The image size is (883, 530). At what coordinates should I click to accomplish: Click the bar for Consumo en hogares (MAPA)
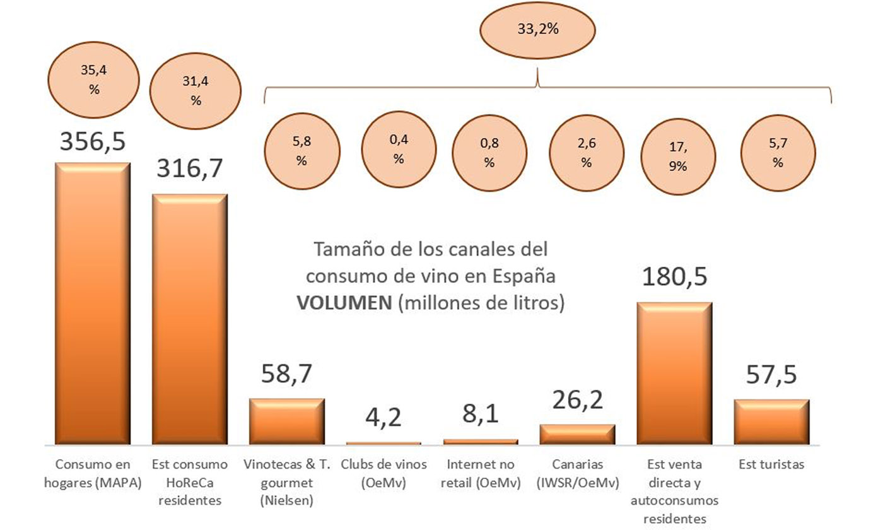coord(93,303)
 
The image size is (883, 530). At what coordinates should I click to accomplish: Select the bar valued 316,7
coord(190,319)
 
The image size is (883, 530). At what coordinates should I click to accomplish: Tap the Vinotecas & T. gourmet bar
coord(286,421)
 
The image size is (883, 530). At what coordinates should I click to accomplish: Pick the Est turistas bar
coord(771,421)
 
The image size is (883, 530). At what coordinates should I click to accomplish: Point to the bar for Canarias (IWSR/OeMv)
coord(577,434)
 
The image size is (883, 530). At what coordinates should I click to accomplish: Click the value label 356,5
coord(93,141)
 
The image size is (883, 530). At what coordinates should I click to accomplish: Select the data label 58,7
coord(287,377)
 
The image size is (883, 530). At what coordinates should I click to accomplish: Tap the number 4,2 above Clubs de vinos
coord(383,418)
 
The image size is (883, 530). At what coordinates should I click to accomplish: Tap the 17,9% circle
coord(679,157)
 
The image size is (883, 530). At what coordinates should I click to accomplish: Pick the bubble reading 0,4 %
coord(399,150)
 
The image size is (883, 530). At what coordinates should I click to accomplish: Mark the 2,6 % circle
coord(587,153)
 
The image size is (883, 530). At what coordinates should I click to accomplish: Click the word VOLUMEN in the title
coord(344,303)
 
